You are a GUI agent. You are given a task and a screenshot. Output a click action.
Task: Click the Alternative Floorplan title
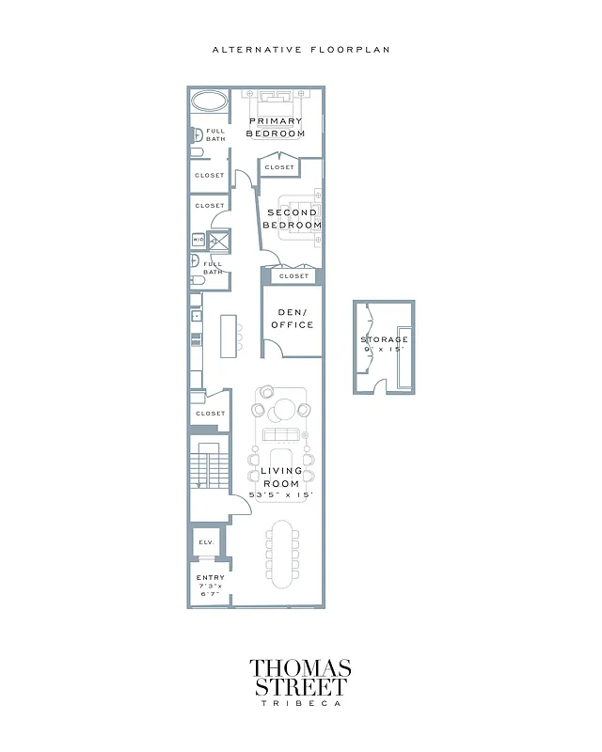[300, 49]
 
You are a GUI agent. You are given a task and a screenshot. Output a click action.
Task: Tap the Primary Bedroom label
[276, 127]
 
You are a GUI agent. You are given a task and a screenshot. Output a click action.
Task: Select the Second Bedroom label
[292, 219]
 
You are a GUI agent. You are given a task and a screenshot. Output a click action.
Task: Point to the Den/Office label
[293, 319]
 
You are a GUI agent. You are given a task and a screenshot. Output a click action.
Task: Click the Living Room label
[280, 477]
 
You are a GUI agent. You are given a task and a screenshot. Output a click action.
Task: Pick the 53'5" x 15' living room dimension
[280, 494]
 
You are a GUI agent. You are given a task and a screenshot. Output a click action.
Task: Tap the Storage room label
[385, 339]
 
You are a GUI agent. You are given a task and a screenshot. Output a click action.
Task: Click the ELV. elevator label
[206, 542]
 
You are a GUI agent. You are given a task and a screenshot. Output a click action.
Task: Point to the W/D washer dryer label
[198, 240]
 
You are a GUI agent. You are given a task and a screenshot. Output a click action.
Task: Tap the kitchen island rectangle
[229, 336]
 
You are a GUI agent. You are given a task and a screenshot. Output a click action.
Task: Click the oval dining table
[282, 550]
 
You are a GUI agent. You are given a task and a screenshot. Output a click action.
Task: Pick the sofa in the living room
[280, 434]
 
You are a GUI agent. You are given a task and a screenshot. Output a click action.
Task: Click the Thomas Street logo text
[300, 678]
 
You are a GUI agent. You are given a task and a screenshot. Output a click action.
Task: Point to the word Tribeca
[300, 702]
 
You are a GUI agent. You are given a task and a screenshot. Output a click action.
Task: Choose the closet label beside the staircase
[210, 414]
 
